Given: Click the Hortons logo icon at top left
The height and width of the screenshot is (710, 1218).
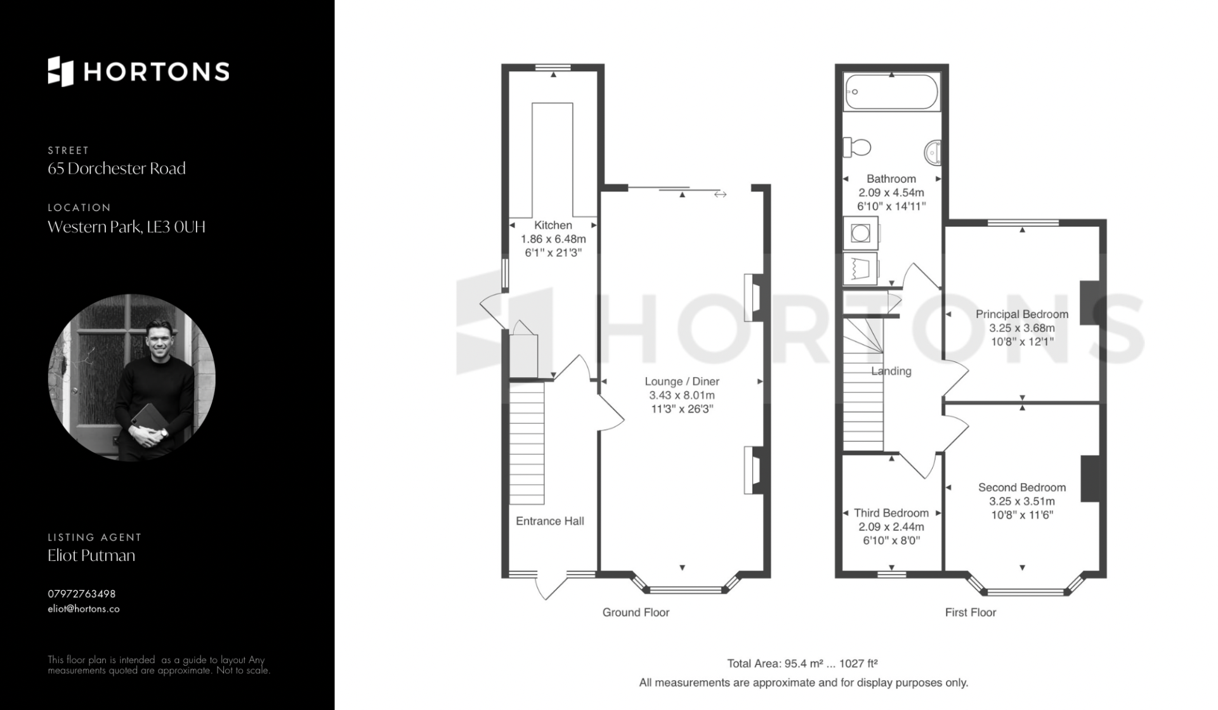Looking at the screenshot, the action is (x=61, y=71).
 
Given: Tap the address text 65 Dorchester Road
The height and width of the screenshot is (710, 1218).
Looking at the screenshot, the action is (x=117, y=169).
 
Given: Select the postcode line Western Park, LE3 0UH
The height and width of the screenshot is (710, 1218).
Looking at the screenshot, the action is (x=127, y=227).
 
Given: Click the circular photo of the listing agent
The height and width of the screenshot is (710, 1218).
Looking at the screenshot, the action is (x=132, y=378).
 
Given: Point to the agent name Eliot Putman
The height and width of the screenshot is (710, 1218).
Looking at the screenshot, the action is (x=91, y=555).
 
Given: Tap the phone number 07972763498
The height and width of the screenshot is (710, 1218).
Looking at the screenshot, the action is (x=82, y=594).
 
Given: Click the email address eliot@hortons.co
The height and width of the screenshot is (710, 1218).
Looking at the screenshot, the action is (x=84, y=609).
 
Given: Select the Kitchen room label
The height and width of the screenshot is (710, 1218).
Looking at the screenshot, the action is (x=553, y=225).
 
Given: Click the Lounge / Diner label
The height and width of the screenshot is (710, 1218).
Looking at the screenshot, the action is (x=682, y=381).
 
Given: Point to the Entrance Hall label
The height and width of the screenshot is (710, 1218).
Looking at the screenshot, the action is (x=550, y=521).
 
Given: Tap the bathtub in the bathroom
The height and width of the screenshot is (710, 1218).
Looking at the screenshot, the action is (x=891, y=93).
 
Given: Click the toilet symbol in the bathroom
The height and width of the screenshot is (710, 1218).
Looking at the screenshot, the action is (x=856, y=148).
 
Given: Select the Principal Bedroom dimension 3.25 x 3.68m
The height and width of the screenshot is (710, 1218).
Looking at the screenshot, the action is (x=1022, y=328).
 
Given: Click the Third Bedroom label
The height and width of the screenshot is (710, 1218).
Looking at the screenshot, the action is (x=891, y=513).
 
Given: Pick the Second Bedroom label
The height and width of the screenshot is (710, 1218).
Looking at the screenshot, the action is (x=1022, y=487).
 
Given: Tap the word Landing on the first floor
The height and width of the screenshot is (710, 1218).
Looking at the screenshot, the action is (x=891, y=371).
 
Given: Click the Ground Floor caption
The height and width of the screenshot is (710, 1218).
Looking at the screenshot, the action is (x=636, y=612).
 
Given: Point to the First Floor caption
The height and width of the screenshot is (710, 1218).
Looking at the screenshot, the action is (x=971, y=612).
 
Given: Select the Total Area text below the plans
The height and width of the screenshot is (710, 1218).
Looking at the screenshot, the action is (x=802, y=664).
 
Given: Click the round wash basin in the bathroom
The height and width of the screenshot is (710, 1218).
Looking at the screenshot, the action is (x=933, y=152).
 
